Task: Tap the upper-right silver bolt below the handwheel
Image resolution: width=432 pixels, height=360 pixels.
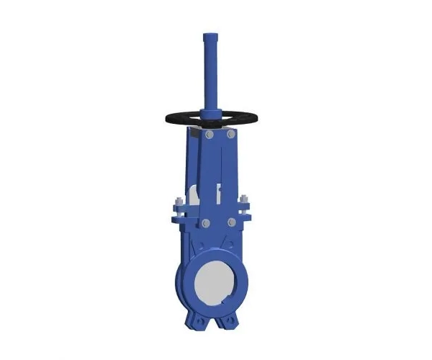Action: [x=230, y=134]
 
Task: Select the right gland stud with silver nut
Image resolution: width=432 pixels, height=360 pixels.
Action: [x=243, y=200]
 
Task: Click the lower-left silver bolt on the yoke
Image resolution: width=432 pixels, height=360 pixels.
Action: [x=207, y=222]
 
